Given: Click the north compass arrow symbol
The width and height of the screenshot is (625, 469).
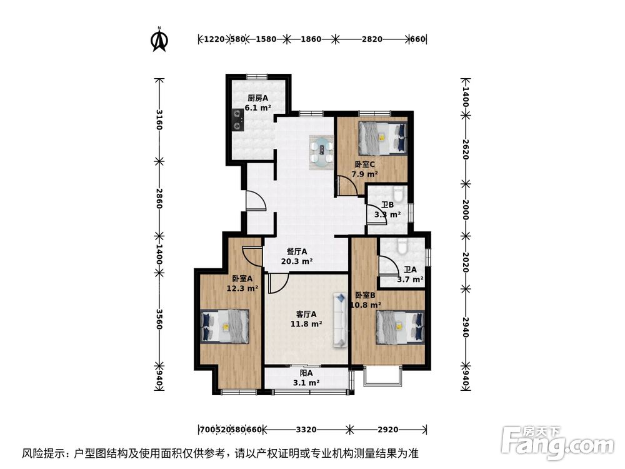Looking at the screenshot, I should [x=161, y=39].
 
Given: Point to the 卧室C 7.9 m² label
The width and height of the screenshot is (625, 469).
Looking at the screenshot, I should [x=363, y=169].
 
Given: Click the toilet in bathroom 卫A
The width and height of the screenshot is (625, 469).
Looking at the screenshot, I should [x=402, y=246].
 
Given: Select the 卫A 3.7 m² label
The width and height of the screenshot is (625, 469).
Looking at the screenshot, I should [x=410, y=275].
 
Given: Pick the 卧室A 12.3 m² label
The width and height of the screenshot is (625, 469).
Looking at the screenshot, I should [x=242, y=284].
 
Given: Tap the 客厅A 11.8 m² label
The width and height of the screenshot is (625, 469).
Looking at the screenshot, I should [x=306, y=320].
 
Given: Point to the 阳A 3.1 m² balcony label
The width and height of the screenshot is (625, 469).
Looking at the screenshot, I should [x=306, y=378].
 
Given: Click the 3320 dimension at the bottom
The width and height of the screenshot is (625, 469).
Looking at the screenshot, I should [x=306, y=430].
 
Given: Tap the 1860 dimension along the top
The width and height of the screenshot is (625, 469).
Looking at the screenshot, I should [x=311, y=39].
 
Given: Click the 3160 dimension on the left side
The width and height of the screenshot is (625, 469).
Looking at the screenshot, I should [x=159, y=119].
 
